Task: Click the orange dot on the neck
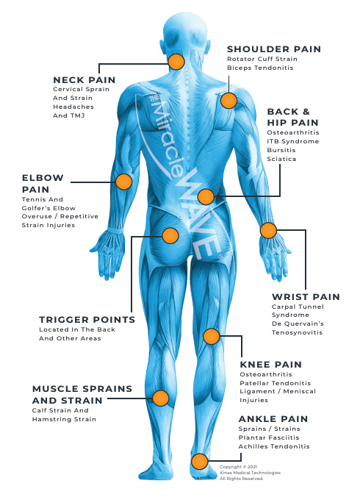(x=176, y=62)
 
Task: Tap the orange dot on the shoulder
(x=228, y=101)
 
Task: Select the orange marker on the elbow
(x=123, y=182)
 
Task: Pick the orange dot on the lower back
(x=206, y=196)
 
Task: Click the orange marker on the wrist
(x=268, y=230)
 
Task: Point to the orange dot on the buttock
(x=170, y=235)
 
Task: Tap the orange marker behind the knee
(x=211, y=336)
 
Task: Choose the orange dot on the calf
(x=160, y=398)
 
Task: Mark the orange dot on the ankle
(x=200, y=461)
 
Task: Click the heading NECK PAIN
(x=84, y=80)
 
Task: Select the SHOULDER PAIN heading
(x=274, y=49)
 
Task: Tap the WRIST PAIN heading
(x=306, y=297)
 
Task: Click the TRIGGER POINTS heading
(x=87, y=320)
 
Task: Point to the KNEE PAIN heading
(x=270, y=365)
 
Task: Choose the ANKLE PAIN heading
(x=273, y=419)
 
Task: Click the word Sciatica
(x=281, y=159)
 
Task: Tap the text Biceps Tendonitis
(x=260, y=68)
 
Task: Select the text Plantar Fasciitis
(x=269, y=437)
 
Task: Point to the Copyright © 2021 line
(x=238, y=467)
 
